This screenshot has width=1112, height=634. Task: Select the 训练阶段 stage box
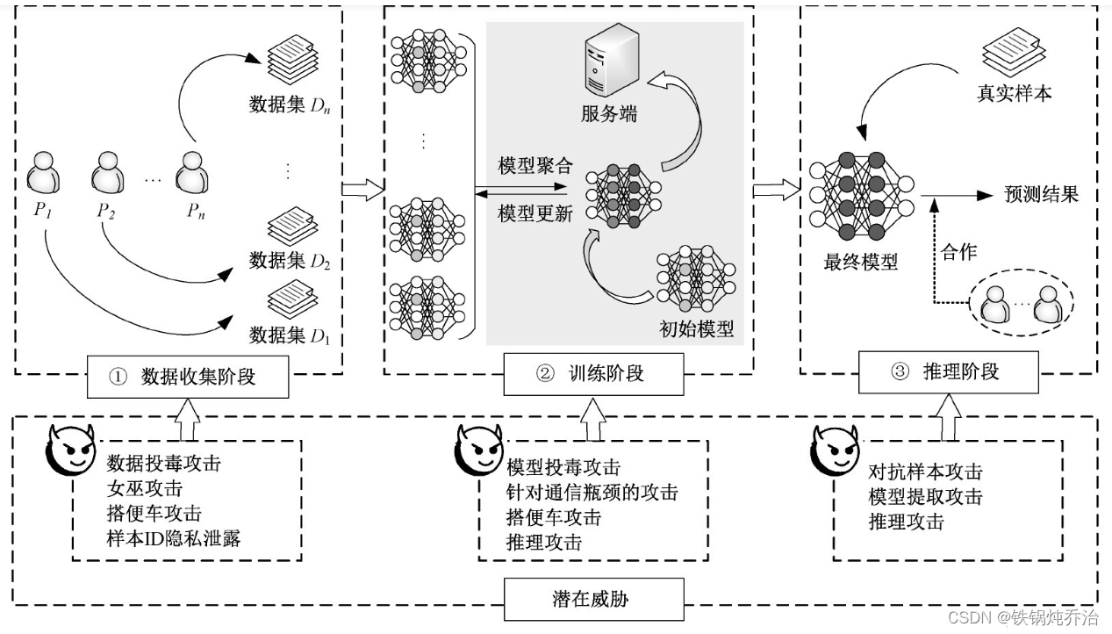coord(592,374)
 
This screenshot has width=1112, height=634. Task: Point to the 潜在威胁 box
coord(592,601)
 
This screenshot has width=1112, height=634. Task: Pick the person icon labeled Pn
coord(194,173)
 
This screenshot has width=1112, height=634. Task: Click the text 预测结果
coord(1041,194)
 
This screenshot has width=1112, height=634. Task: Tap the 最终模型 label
coord(860,262)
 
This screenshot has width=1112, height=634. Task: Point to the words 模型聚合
coord(534,167)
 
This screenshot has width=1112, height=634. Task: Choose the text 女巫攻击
coord(144,489)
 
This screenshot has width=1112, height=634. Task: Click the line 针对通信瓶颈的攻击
coord(592,493)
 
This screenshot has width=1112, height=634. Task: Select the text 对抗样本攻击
coord(925,472)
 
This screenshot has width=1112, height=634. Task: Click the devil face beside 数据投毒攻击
coord(72,450)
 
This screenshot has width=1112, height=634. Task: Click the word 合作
coord(958,252)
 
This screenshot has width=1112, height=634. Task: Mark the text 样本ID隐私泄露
coord(173,538)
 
